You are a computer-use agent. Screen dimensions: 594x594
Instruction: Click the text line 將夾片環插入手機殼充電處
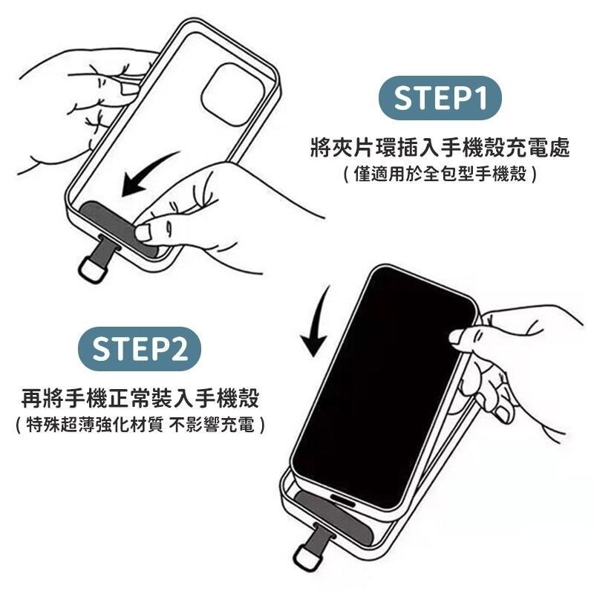point(440,148)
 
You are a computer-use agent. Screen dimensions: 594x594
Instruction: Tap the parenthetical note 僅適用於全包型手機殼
point(440,175)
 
